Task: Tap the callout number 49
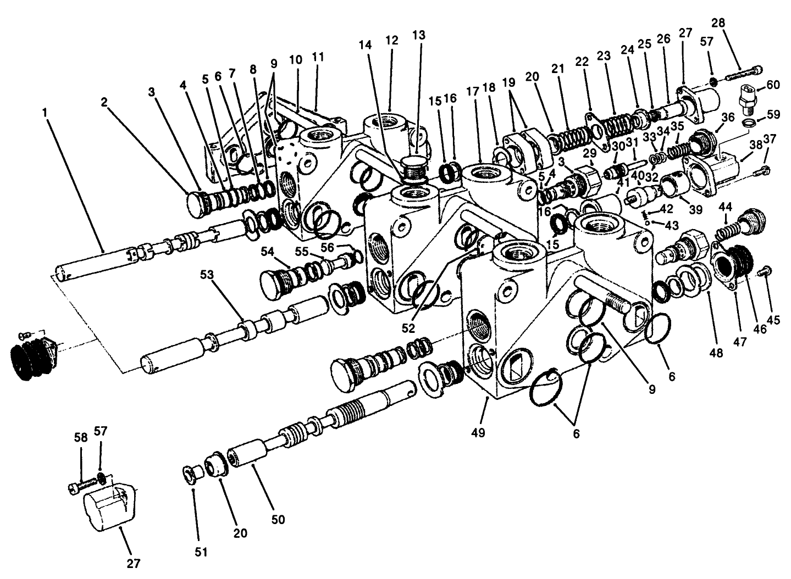pyautogui.click(x=478, y=433)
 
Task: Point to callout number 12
pyautogui.click(x=391, y=40)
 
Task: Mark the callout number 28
pyautogui.click(x=718, y=23)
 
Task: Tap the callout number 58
pyautogui.click(x=80, y=437)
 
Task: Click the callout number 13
pyautogui.click(x=419, y=35)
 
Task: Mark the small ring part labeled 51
pyautogui.click(x=190, y=474)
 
